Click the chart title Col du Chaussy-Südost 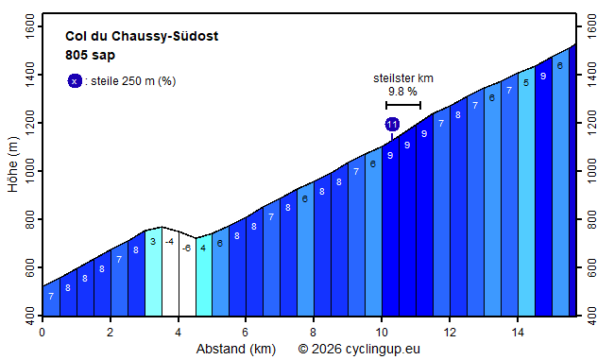pyautogui.click(x=142, y=37)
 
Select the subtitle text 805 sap pyautogui.click(x=90, y=55)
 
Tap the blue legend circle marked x pyautogui.click(x=75, y=81)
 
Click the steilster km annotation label pyautogui.click(x=403, y=77)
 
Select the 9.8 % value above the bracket pyautogui.click(x=402, y=92)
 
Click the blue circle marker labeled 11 pyautogui.click(x=392, y=124)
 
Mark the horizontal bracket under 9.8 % pyautogui.click(x=403, y=105)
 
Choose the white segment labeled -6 pyautogui.click(x=187, y=274)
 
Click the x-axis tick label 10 pyautogui.click(x=382, y=333)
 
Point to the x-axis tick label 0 pyautogui.click(x=43, y=333)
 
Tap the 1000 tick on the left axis pyautogui.click(x=28, y=171)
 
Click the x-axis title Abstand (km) pyautogui.click(x=235, y=349)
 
